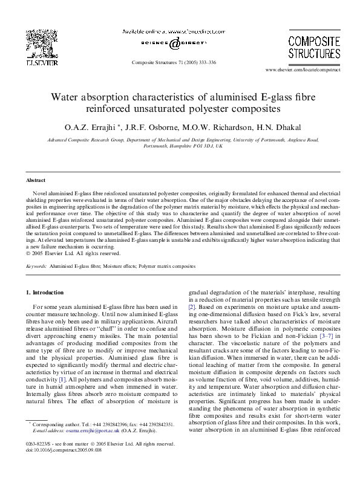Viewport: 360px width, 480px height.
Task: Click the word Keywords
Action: click(36, 265)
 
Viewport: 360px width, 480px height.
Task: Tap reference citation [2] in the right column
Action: click(192, 307)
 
